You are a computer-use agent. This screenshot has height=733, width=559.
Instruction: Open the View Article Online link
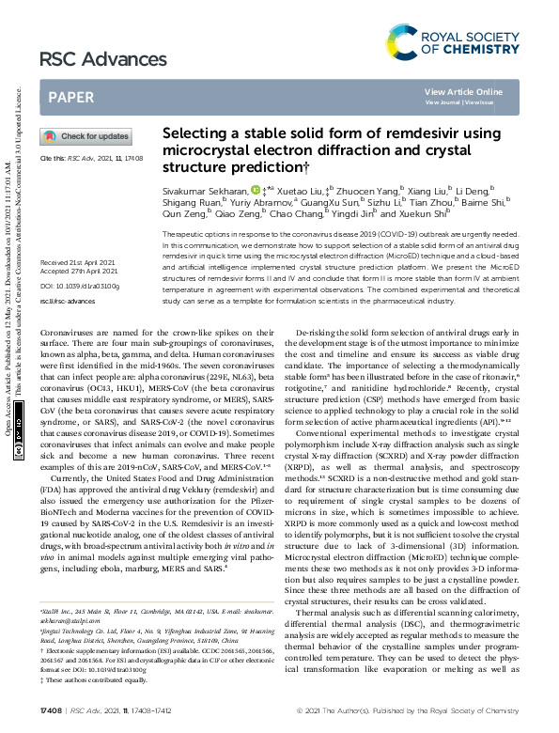coord(463,91)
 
